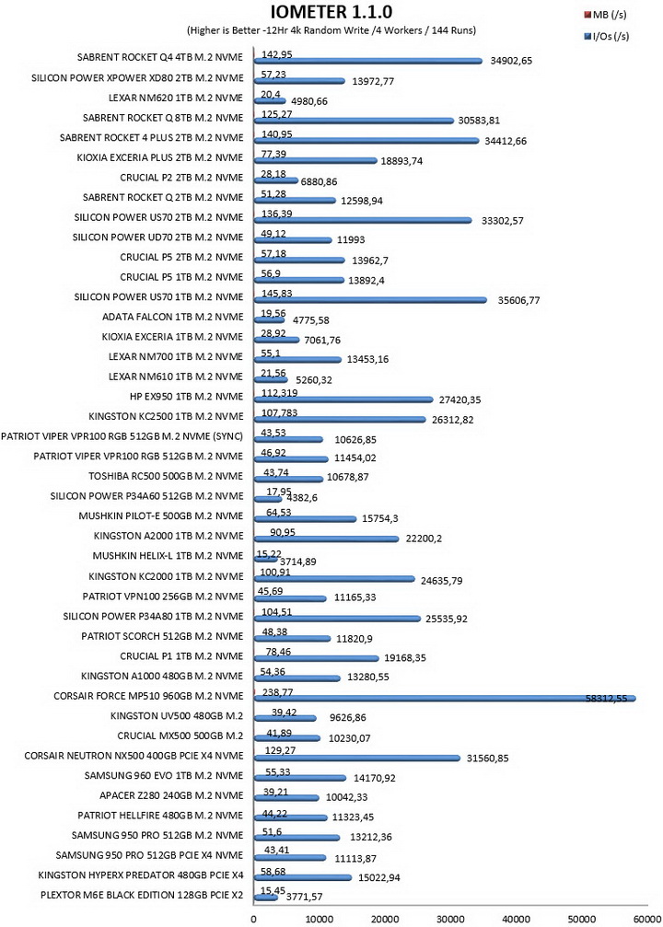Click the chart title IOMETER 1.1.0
click(x=331, y=11)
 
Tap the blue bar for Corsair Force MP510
click(x=445, y=699)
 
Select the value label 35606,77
click(x=518, y=300)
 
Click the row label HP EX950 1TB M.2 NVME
click(x=186, y=396)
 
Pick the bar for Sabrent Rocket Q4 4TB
click(x=368, y=61)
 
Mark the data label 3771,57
click(x=305, y=897)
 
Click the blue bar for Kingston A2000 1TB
click(x=327, y=539)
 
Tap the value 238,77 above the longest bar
click(x=277, y=691)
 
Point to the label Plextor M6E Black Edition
click(x=142, y=895)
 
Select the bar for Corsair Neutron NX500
click(x=357, y=758)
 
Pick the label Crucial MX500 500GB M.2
click(x=180, y=736)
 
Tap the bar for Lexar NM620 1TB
click(x=271, y=100)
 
